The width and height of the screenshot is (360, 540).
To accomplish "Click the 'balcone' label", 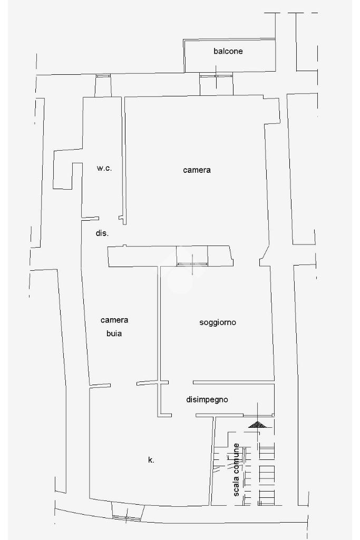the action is click(x=228, y=51).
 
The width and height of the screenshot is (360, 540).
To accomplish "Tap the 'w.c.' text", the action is click(x=104, y=169).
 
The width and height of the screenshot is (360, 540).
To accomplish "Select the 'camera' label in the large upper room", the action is click(x=197, y=170).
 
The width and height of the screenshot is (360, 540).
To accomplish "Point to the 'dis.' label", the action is click(x=102, y=233).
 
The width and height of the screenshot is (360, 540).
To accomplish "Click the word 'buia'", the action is click(x=114, y=333).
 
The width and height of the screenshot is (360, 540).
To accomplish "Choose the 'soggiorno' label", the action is click(x=217, y=322).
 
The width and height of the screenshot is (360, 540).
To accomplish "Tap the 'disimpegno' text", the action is click(x=207, y=399).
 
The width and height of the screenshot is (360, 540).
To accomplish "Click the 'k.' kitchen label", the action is click(x=151, y=460).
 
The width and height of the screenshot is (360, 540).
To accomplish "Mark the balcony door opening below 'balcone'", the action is click(x=216, y=75).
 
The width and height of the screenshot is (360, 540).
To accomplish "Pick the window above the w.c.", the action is click(x=103, y=76).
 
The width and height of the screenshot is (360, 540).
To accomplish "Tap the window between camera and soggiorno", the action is click(x=192, y=263).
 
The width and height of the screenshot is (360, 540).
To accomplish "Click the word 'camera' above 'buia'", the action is click(x=114, y=320).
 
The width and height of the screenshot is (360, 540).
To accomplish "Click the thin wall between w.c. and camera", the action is click(x=124, y=158).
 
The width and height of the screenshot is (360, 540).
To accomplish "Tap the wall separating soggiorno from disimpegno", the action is click(x=233, y=382).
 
